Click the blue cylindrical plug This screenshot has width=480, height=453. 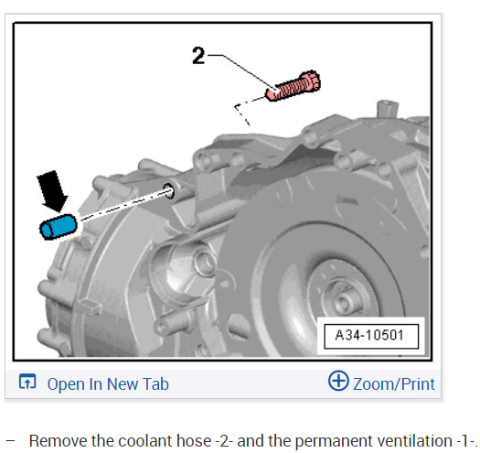(x=59, y=227)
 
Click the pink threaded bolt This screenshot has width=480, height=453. (x=293, y=86)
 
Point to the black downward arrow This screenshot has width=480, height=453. (x=52, y=190)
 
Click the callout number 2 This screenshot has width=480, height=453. (x=198, y=56)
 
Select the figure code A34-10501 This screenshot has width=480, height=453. (x=369, y=335)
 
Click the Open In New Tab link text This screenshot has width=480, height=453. (x=108, y=384)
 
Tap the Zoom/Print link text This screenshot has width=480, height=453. (x=394, y=384)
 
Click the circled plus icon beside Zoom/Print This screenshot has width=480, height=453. (x=338, y=381)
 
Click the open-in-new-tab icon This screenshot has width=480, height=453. (x=27, y=381)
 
